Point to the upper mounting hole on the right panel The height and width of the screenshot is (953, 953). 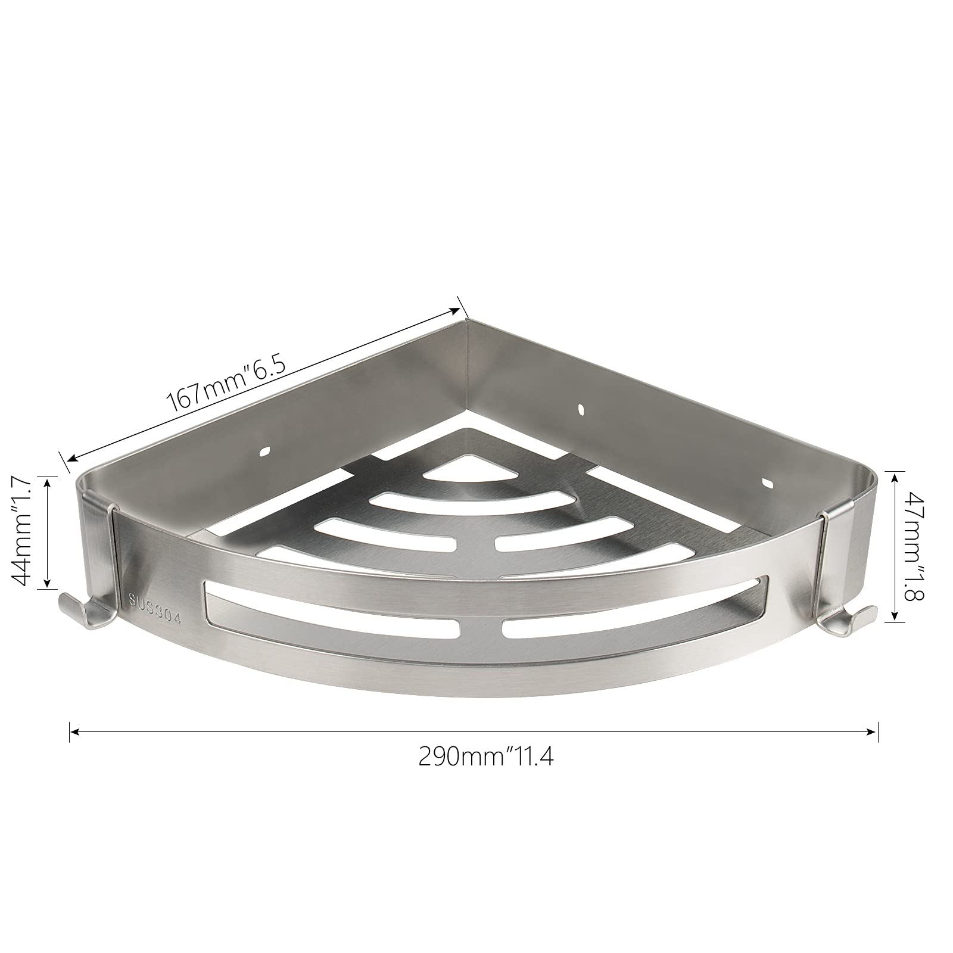pyautogui.click(x=581, y=410)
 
